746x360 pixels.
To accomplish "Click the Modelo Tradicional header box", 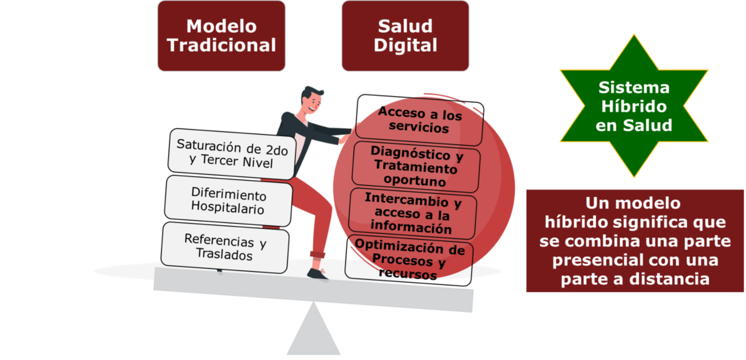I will pyautogui.click(x=221, y=36).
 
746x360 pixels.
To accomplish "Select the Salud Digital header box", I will pyautogui.click(x=405, y=36).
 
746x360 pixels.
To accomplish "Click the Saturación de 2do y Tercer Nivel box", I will pyautogui.click(x=232, y=154).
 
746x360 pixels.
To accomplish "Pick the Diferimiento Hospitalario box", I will pyautogui.click(x=228, y=200).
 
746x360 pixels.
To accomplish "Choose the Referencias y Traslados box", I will pyautogui.click(x=224, y=247).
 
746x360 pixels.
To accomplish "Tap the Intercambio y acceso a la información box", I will pyautogui.click(x=413, y=212).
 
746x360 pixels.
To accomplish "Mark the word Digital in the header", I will pyautogui.click(x=405, y=45).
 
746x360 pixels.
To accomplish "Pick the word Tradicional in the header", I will pyautogui.click(x=221, y=45).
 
